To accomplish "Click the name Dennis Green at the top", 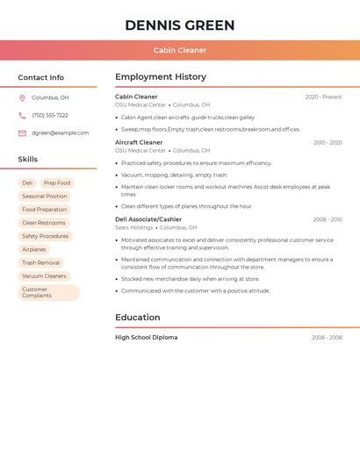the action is click(x=180, y=25).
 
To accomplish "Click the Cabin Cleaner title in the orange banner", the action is click(x=180, y=50).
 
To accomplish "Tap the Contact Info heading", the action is click(x=40, y=77).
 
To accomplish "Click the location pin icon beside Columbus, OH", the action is click(x=22, y=97).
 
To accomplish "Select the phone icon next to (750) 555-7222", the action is click(x=22, y=115).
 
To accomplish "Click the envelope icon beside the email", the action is click(x=22, y=132).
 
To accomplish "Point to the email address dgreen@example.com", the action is click(x=60, y=132).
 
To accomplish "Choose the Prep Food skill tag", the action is click(x=57, y=183).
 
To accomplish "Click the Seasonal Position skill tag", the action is click(x=44, y=197).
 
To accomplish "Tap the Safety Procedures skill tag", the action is click(x=45, y=236).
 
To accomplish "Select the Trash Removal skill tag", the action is click(x=40, y=262).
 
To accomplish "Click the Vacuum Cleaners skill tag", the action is click(x=44, y=275).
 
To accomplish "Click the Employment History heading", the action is click(x=161, y=77).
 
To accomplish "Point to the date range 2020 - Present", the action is click(x=323, y=97).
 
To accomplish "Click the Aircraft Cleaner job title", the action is click(x=139, y=142).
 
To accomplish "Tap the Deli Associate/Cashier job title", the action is click(x=148, y=219).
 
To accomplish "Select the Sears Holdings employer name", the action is click(x=133, y=227).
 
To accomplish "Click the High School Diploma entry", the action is click(x=146, y=337).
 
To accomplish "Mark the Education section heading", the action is click(x=138, y=318).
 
